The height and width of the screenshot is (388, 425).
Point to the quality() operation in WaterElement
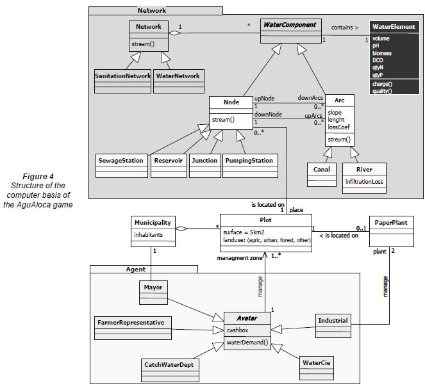[x=382, y=91]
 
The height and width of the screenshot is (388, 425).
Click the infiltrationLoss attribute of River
[x=364, y=181]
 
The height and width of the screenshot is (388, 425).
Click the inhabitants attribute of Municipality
[x=149, y=234]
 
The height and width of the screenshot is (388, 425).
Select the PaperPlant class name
[x=393, y=222]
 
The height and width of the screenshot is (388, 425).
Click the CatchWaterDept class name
[x=168, y=364]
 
